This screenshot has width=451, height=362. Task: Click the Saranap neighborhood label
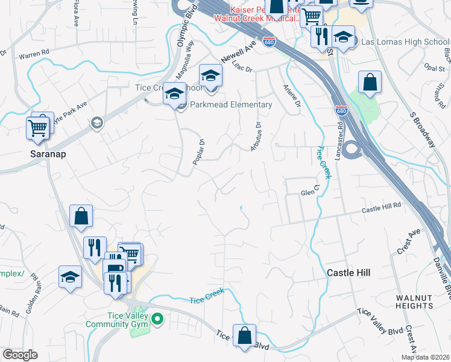[x=47, y=154]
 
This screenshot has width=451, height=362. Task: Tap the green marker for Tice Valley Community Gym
[x=158, y=318]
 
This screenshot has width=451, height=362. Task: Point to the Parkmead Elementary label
[x=231, y=104]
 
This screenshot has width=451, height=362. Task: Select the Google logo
[x=20, y=355]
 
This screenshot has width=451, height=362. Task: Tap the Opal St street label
[x=434, y=68]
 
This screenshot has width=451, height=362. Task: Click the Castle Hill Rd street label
[x=381, y=209]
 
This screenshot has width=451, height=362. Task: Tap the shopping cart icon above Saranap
[x=37, y=127]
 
